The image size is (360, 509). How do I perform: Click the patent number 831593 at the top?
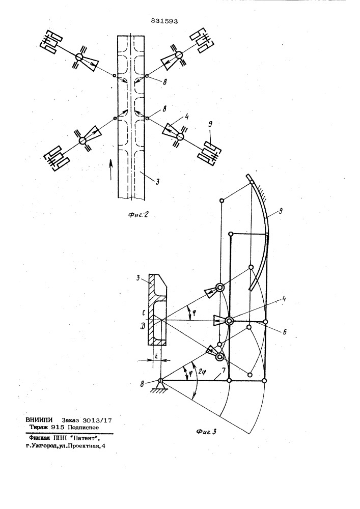(164, 21)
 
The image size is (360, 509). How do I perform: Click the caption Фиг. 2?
(138, 214)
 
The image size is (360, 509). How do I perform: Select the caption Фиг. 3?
(206, 432)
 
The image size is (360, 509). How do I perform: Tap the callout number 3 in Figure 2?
(157, 182)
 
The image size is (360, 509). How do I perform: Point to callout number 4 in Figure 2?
(187, 116)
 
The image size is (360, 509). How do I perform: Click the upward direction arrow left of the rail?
(110, 169)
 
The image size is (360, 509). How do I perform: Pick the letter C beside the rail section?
(143, 314)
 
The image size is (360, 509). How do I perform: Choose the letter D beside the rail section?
(143, 326)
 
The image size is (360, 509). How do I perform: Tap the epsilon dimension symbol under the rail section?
(156, 356)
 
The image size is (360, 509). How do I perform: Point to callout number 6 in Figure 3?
(284, 332)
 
